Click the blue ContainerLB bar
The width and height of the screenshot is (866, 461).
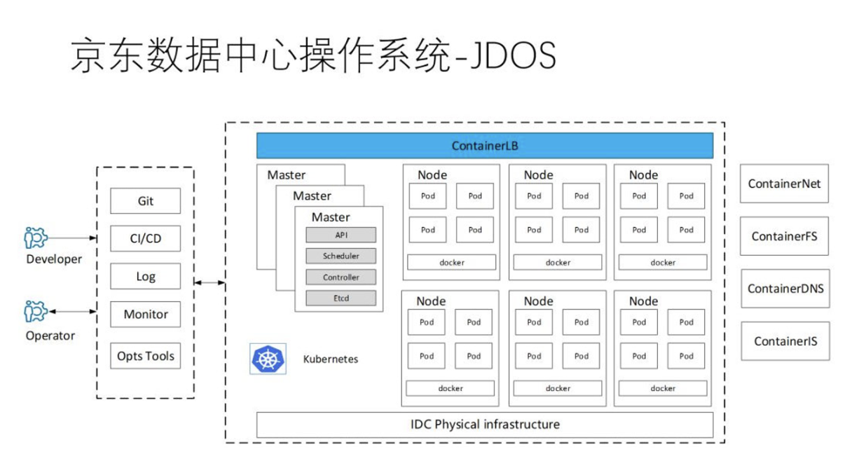[485, 146]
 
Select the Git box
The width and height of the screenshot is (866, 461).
[145, 201]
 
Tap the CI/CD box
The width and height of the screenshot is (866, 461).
[145, 239]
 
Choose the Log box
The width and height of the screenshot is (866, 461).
[145, 277]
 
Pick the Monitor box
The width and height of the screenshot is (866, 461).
[145, 315]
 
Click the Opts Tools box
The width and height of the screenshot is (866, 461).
[145, 356]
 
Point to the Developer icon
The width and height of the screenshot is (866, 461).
[35, 238]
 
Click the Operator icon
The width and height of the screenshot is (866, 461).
[35, 312]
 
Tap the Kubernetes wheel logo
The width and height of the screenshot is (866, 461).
[267, 359]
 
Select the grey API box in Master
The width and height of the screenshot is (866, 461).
[341, 235]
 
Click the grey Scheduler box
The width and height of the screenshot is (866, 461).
[341, 256]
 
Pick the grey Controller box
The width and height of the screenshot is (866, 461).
[341, 277]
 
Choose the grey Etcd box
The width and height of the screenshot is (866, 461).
[341, 298]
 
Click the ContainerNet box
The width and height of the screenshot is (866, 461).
[784, 184]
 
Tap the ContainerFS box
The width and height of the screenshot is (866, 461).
[784, 236]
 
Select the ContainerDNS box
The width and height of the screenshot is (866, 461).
[785, 289]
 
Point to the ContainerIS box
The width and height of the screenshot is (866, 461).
[785, 341]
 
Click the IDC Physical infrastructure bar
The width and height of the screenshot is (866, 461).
[485, 425]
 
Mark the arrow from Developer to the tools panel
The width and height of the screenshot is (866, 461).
[74, 238]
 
